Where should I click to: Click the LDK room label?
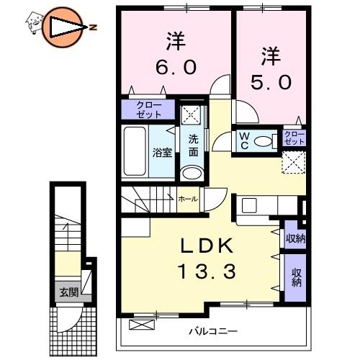click(207, 246)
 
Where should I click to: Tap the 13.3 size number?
click(207, 271)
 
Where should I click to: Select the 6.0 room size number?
click(176, 67)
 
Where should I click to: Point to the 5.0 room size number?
click(271, 82)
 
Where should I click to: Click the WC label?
click(244, 141)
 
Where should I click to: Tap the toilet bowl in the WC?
click(262, 141)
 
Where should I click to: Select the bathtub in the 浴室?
click(135, 151)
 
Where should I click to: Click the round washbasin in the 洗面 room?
click(192, 173)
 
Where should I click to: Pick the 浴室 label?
click(163, 153)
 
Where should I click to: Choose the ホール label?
click(188, 199)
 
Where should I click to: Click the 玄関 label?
click(69, 292)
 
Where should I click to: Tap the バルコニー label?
click(213, 332)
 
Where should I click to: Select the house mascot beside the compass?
click(35, 23)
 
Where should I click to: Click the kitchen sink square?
click(249, 205)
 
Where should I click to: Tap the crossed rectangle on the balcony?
click(142, 325)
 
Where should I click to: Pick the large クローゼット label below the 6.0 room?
click(149, 109)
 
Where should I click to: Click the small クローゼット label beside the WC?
click(294, 138)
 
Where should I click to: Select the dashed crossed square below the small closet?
click(294, 162)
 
